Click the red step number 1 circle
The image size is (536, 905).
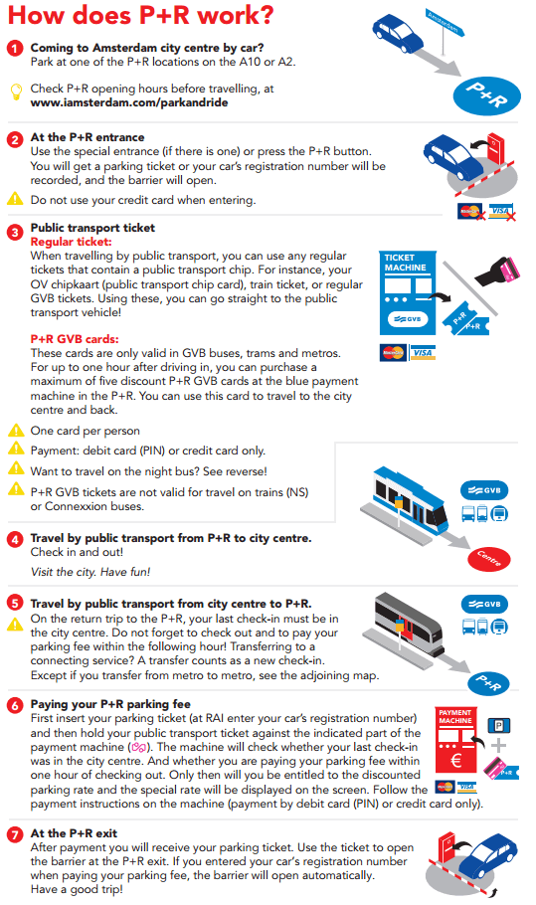pos(15,49)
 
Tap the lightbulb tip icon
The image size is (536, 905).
pos(16,91)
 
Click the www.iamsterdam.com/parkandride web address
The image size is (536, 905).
pos(129,102)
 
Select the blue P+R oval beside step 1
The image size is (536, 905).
pos(486,95)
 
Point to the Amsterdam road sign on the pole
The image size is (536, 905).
pos(445,23)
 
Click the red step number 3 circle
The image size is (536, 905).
pos(15,232)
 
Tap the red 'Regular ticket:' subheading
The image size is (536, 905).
pos(71,242)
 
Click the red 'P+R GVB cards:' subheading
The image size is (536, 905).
pos(75,339)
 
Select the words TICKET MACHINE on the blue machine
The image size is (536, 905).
pos(405,263)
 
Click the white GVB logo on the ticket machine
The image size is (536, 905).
pos(408,318)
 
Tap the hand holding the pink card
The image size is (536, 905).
pos(498,271)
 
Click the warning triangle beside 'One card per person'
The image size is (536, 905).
pos(16,431)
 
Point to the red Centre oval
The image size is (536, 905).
pos(488,558)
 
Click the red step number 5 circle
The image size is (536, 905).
pos(15,603)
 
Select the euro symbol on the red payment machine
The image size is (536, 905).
pos(455,760)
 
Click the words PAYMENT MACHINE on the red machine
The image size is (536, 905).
pos(455,717)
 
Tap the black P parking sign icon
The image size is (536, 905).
pos(499,726)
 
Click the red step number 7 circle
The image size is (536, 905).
pos(15,834)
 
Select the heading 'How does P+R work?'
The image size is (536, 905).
pos(141,16)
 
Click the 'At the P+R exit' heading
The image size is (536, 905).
pos(74,833)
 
